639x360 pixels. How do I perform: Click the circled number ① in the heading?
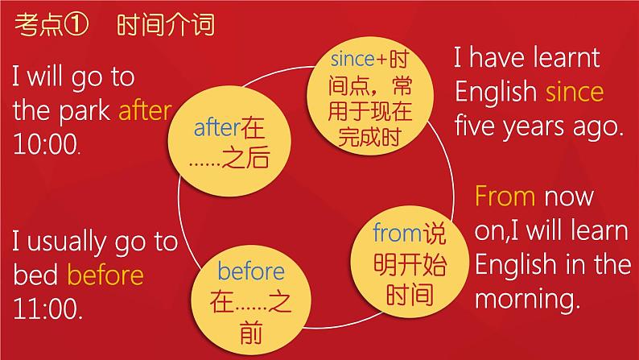(x=76, y=25)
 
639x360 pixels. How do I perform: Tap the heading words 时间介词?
(x=166, y=25)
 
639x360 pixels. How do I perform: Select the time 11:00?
(x=47, y=308)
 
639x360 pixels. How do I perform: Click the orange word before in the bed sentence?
(x=105, y=275)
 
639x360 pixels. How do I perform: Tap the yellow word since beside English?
(x=574, y=91)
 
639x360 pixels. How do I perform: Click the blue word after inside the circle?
(x=216, y=127)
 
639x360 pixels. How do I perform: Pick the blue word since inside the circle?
(x=352, y=59)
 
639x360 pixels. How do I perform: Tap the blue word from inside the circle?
(x=398, y=234)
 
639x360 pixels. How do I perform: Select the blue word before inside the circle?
(x=251, y=271)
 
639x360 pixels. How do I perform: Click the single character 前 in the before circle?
(x=251, y=333)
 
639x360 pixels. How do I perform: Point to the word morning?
(x=527, y=300)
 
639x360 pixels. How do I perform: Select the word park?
(x=85, y=111)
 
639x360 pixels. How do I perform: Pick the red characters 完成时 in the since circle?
(x=370, y=137)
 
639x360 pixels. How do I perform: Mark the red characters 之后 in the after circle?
(x=245, y=157)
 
